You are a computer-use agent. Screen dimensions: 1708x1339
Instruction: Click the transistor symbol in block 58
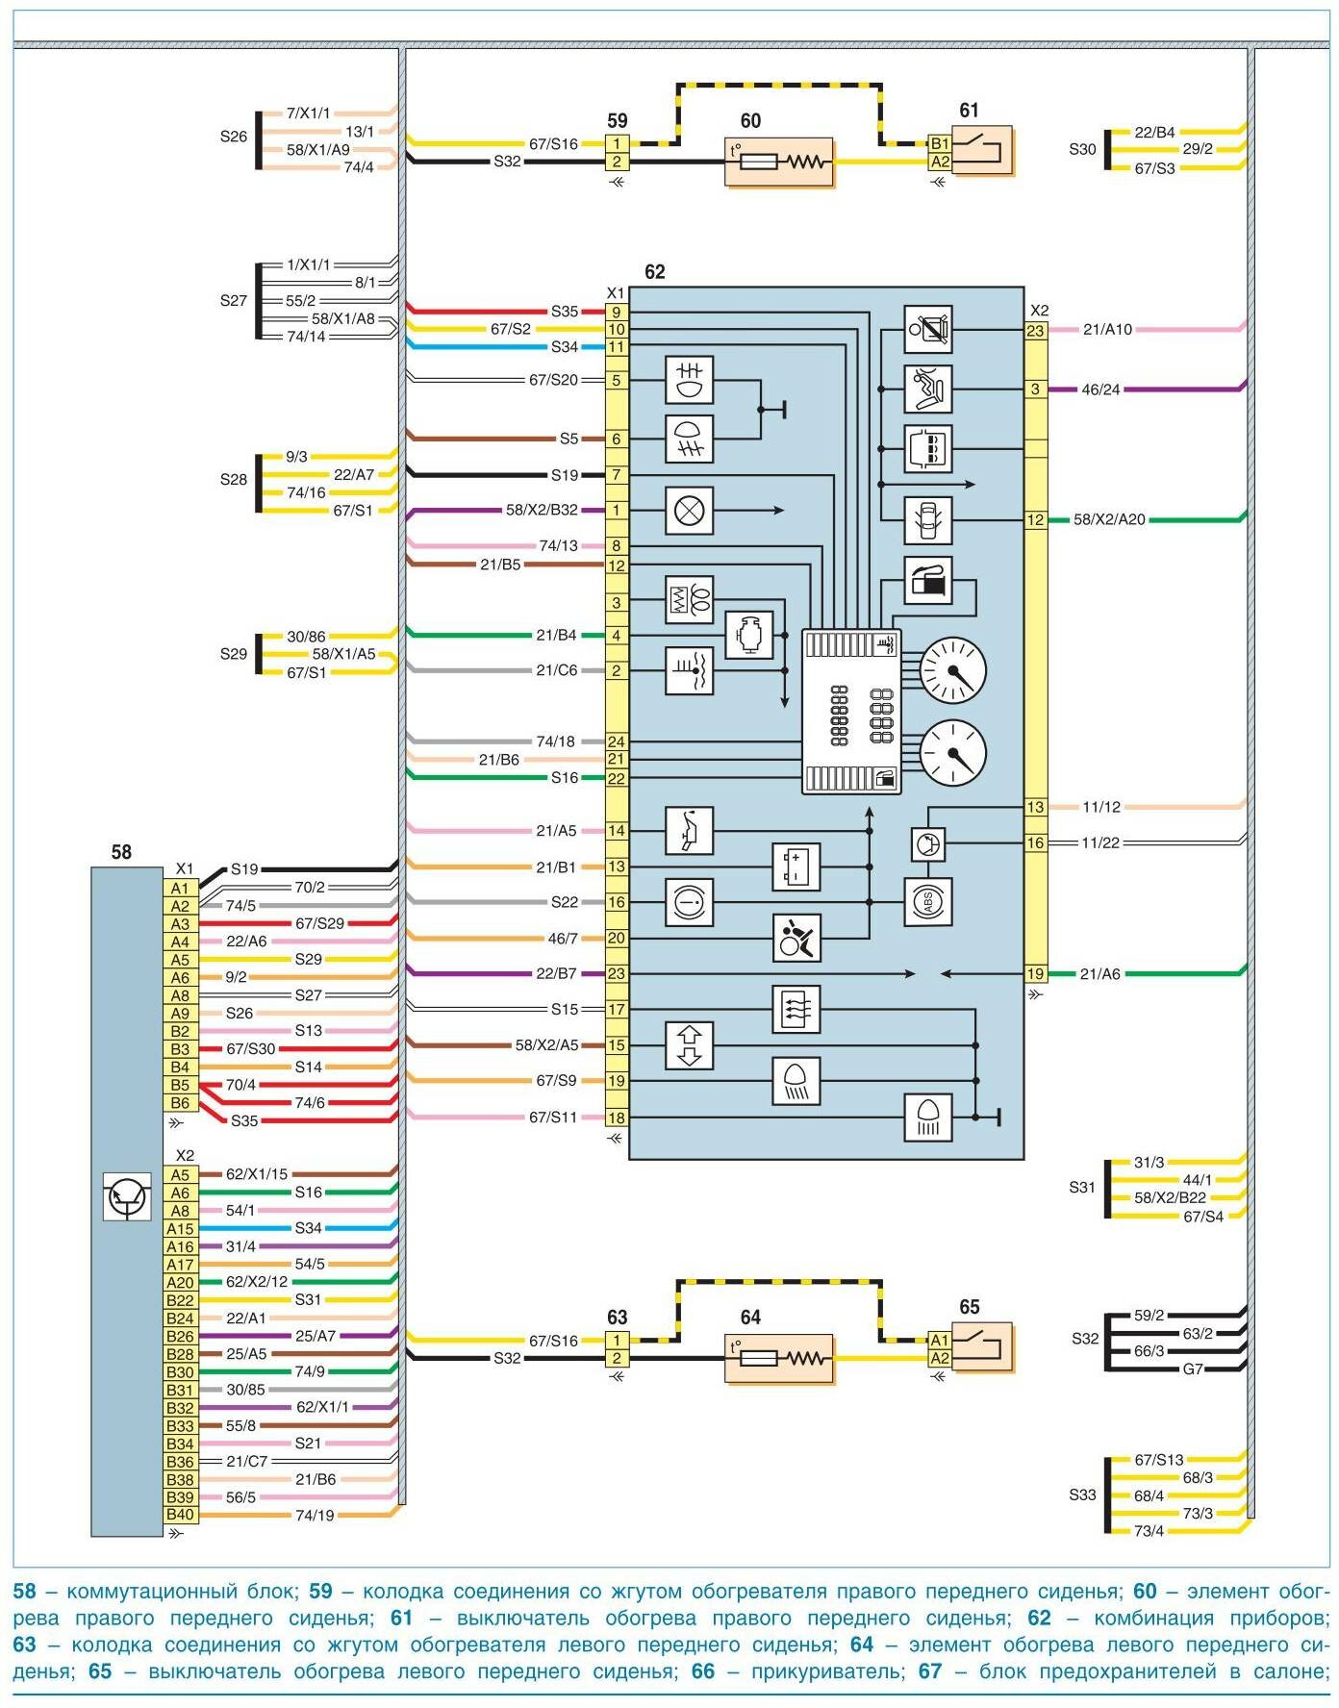tap(127, 1197)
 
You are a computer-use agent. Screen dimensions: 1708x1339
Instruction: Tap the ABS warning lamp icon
tap(927, 902)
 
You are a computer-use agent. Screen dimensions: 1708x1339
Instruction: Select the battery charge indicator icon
tap(796, 867)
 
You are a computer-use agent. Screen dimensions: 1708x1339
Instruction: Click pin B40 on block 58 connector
tap(180, 1515)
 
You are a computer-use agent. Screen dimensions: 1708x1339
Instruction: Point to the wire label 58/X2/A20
tap(1109, 519)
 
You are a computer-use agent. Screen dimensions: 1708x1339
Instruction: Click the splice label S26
tap(234, 137)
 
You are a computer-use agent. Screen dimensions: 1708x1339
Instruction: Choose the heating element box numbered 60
tap(778, 162)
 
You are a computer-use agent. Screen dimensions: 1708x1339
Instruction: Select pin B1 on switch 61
tap(940, 143)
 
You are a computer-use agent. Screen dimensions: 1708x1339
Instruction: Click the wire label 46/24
tap(1100, 389)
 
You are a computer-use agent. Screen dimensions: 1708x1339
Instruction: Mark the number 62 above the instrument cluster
tap(654, 272)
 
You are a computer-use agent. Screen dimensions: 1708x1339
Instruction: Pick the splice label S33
tap(1082, 1494)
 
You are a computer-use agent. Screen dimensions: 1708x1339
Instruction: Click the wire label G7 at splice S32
tap(1193, 1369)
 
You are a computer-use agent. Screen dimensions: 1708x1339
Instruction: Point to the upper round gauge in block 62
tap(953, 670)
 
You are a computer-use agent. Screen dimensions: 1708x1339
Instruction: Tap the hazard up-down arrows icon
tap(690, 1045)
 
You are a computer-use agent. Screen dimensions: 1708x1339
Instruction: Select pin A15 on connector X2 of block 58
tap(180, 1228)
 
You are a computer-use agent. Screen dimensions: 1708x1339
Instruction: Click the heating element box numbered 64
tap(778, 1359)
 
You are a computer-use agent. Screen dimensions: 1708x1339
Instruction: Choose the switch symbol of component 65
tap(982, 1346)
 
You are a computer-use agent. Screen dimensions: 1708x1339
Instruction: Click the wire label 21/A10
tap(1107, 330)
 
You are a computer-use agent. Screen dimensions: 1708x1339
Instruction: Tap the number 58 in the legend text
tap(25, 1592)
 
